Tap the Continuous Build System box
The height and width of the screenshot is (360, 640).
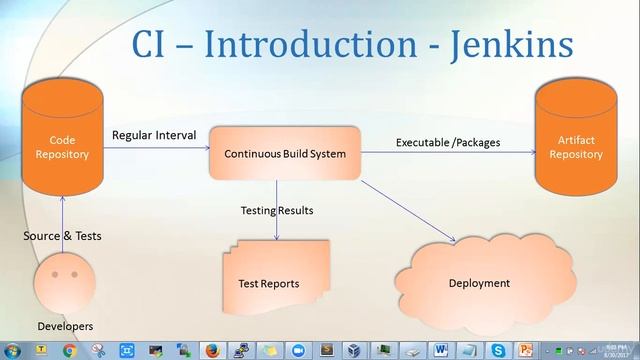tap(285, 154)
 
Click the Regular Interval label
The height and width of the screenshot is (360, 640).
tap(154, 135)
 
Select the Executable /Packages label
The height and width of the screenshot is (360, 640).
tap(448, 142)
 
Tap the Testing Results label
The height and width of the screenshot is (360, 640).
tap(277, 210)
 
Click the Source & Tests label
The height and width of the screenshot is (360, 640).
tap(63, 236)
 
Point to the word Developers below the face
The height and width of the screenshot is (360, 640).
tap(65, 326)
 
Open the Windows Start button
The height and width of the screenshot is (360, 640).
tap(12, 350)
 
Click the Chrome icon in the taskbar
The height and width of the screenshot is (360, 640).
tap(69, 350)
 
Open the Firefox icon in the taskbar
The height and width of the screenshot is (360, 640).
tap(213, 350)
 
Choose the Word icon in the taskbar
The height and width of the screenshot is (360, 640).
tap(442, 350)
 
